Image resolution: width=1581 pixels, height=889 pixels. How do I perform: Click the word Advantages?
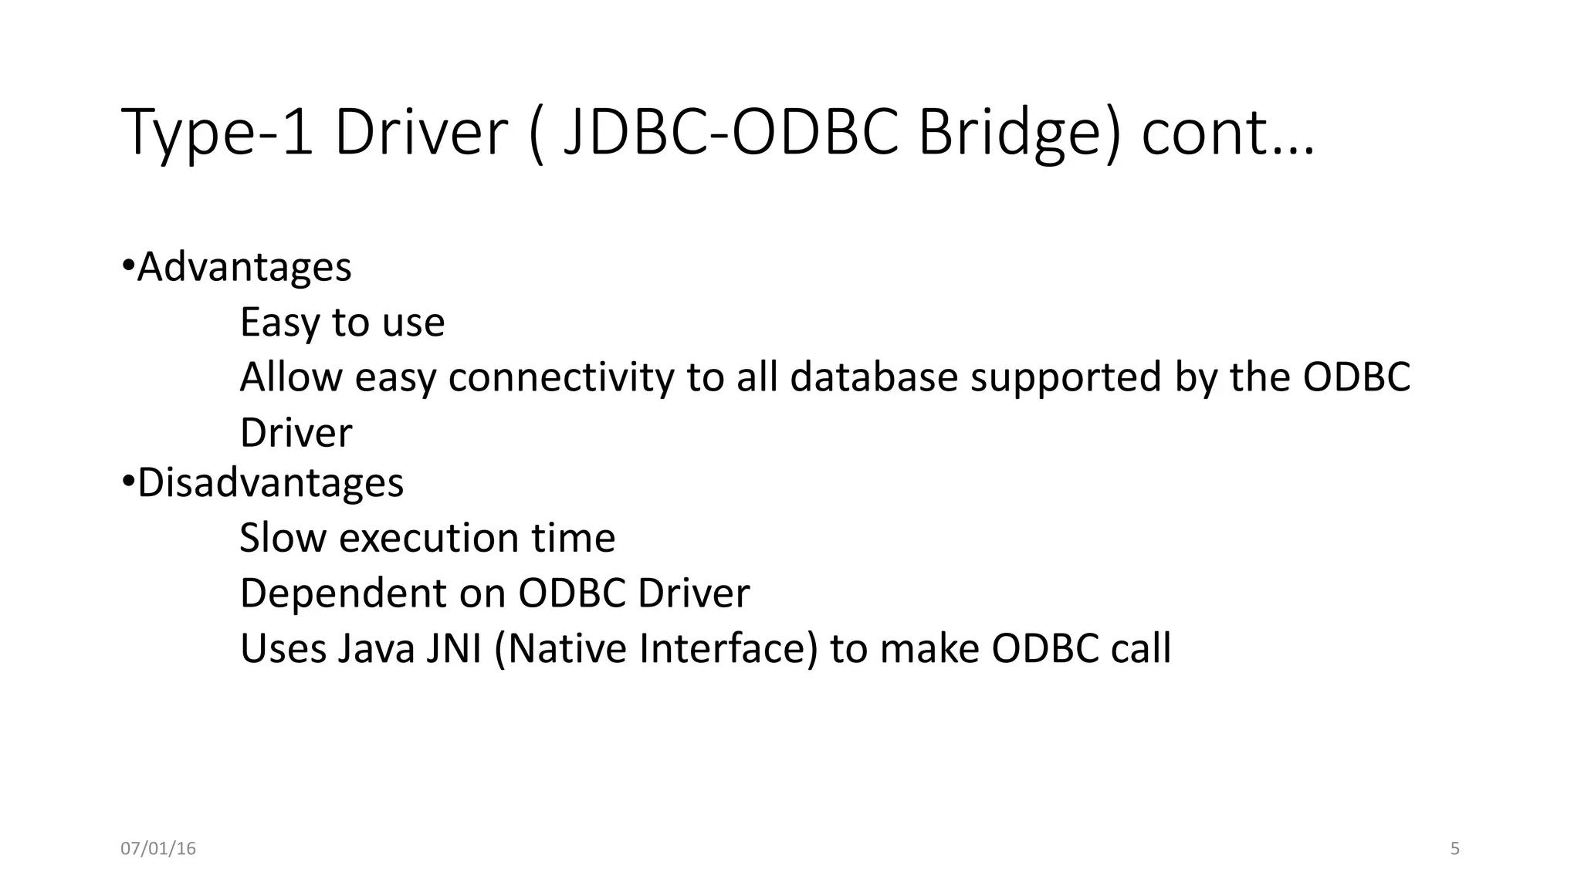(244, 267)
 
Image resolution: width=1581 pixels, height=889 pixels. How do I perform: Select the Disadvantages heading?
(270, 483)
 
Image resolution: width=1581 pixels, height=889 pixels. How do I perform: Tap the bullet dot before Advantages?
(128, 266)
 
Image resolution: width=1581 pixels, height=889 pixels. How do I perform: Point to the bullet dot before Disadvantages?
(128, 482)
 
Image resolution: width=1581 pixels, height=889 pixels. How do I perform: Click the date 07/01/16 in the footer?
(158, 849)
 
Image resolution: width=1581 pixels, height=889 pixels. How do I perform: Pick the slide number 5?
(1455, 849)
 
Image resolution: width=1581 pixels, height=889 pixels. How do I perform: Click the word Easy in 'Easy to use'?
(279, 323)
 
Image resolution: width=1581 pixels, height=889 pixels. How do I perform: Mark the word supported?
(1065, 377)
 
